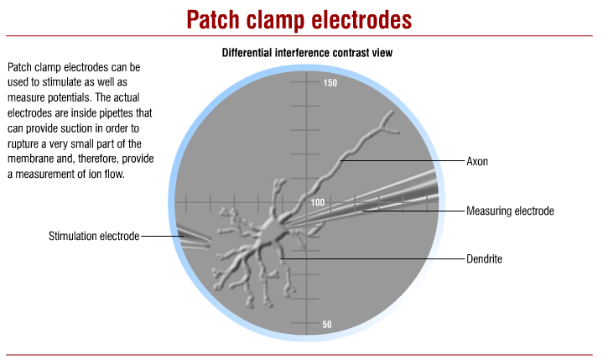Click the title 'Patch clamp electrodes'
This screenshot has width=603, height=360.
coord(302,18)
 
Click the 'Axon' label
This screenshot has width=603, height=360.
coord(477,159)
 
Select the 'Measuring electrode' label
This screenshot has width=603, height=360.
coord(510,210)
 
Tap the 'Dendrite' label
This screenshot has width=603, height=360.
coord(484,259)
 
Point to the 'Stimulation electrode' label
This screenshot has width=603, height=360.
coord(93,237)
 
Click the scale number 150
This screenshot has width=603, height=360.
coord(330,83)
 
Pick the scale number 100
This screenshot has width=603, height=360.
coord(317,203)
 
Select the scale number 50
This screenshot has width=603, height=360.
coord(327,325)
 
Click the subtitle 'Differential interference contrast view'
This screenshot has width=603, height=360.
coord(308,53)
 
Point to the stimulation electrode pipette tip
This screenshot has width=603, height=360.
coord(206,244)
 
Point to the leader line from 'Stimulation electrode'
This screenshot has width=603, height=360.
coord(159,237)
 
